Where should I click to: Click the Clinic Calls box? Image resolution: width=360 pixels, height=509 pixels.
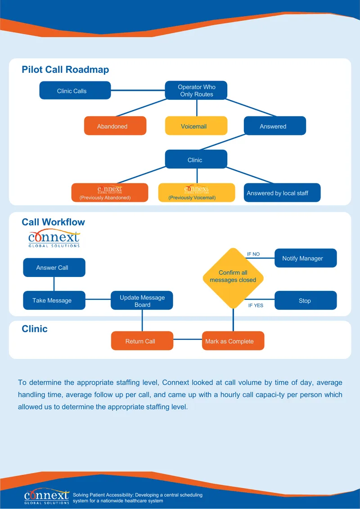coord(75,90)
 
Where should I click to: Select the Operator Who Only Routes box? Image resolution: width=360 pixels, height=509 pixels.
coord(196,90)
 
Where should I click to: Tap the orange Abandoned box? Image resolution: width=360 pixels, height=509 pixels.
coord(115,125)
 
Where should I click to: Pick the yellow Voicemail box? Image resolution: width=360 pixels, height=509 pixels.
coord(196,125)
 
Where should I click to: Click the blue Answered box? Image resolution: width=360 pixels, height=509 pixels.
coord(275,125)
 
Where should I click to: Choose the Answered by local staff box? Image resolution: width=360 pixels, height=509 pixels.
coord(282,192)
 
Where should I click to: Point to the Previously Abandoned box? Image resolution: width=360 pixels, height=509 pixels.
coord(110,192)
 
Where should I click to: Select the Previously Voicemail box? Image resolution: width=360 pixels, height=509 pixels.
coord(197,192)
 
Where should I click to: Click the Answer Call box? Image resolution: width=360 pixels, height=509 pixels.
coord(54,268)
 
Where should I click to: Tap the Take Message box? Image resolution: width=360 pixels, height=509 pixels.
coord(54,300)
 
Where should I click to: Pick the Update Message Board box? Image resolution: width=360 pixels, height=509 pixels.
coord(142,300)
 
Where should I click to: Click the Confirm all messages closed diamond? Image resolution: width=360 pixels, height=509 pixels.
coord(233,278)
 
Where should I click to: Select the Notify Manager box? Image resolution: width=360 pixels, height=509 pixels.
coord(306,258)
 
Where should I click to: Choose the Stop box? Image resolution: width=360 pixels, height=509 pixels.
coord(306,300)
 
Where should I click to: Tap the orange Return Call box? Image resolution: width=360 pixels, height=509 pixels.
coord(142,340)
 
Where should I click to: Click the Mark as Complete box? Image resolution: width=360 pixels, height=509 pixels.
coord(233,340)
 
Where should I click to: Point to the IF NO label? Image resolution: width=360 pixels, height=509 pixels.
coord(253,254)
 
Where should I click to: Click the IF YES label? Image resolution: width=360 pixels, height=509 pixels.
coord(256,305)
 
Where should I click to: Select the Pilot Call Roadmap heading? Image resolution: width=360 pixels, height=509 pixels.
coord(65,70)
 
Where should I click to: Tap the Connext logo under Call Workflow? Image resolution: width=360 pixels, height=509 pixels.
coord(54,239)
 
